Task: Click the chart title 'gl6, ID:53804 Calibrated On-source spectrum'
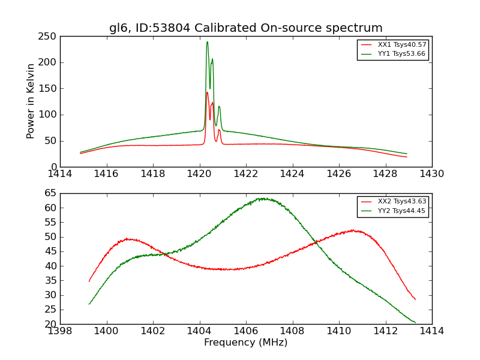[245, 28]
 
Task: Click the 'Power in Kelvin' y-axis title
[31, 101]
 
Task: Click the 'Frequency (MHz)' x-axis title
[245, 343]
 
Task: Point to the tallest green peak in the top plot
[207, 42]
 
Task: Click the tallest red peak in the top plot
[207, 92]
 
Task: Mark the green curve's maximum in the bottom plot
[262, 198]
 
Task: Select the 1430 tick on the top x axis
[432, 174]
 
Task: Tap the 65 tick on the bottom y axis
[52, 193]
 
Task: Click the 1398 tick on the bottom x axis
[60, 331]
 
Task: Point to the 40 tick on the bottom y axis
[52, 266]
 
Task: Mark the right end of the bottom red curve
[415, 299]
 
